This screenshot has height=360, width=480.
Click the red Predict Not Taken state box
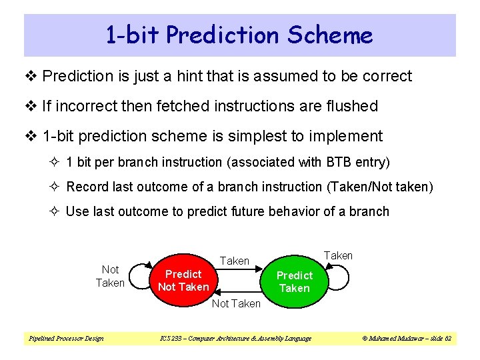[183, 281]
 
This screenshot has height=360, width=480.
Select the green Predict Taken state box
[294, 281]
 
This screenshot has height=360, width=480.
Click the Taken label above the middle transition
[235, 261]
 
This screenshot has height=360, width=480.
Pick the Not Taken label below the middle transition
[236, 303]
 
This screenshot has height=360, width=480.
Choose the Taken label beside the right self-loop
[338, 255]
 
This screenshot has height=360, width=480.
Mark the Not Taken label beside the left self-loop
[110, 276]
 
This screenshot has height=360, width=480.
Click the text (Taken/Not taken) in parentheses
[379, 187]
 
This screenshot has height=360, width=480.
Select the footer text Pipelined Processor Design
[66, 339]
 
